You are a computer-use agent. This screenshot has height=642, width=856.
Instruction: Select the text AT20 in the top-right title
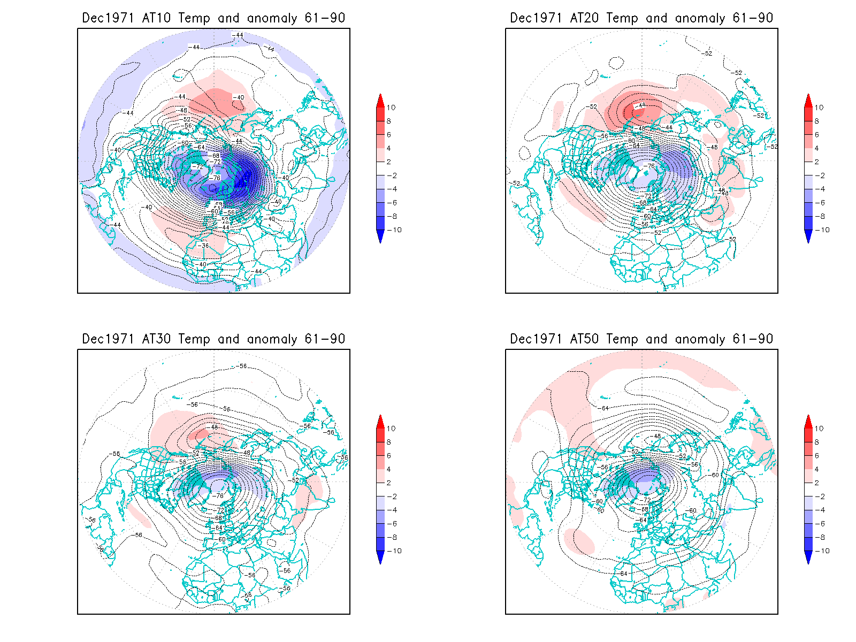pyautogui.click(x=584, y=18)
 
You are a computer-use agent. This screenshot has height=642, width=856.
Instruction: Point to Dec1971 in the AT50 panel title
pyautogui.click(x=536, y=339)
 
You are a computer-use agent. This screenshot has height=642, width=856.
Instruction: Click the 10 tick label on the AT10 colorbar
pyautogui.click(x=391, y=108)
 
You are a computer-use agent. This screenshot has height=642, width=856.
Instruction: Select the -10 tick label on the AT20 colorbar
pyautogui.click(x=823, y=230)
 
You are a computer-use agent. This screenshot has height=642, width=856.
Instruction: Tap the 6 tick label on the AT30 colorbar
pyautogui.click(x=389, y=456)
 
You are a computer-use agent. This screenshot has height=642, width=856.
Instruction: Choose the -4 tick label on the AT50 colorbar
pyautogui.click(x=821, y=510)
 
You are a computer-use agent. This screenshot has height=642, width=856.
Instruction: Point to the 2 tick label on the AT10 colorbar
pyautogui.click(x=389, y=162)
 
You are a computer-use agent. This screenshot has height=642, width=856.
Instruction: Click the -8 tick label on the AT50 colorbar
pyautogui.click(x=821, y=537)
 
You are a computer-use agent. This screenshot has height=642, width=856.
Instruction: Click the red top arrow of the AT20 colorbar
pyautogui.click(x=808, y=100)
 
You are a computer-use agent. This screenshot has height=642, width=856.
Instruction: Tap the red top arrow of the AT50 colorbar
pyautogui.click(x=808, y=421)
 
